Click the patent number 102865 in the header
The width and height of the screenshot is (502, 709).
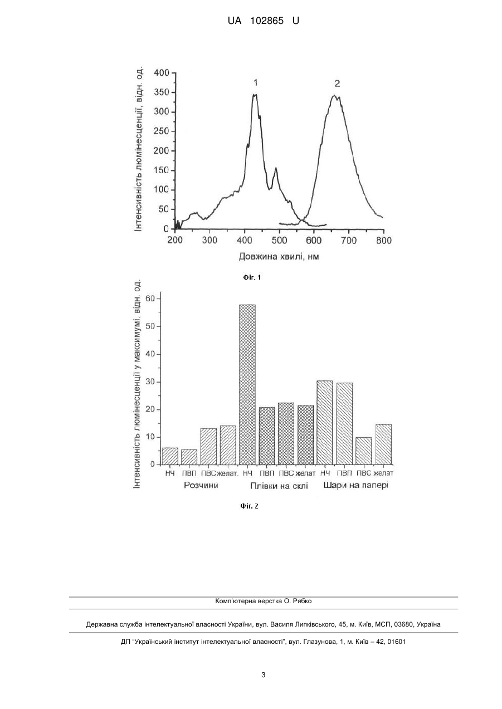click(267, 21)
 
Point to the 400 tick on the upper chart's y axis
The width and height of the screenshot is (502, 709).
click(162, 73)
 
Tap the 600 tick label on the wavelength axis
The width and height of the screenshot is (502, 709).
click(314, 241)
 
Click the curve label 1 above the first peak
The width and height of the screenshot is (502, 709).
click(256, 83)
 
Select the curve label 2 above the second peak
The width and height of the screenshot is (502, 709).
click(337, 84)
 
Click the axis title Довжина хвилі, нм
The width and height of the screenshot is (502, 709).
click(279, 256)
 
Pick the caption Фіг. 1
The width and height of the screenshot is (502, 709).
click(252, 277)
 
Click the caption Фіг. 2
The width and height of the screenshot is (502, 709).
click(249, 506)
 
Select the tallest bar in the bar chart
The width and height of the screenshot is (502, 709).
click(247, 384)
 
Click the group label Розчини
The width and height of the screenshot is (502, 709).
click(201, 485)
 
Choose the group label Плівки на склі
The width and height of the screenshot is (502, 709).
click(279, 486)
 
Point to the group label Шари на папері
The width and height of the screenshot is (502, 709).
click(355, 485)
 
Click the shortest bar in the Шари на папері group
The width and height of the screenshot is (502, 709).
click(364, 451)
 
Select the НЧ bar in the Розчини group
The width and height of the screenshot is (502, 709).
click(170, 456)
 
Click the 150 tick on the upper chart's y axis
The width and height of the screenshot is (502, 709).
click(162, 170)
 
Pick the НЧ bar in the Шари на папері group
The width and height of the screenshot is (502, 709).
click(325, 423)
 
